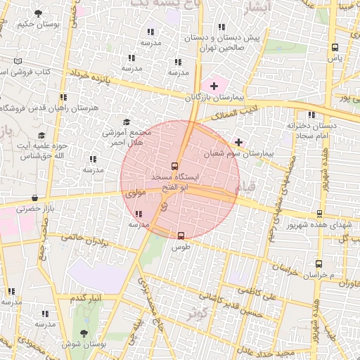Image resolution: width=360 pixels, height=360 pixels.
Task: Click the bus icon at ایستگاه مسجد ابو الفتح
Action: pos(175,166)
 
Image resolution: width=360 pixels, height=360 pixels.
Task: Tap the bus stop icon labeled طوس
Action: pos(181,236)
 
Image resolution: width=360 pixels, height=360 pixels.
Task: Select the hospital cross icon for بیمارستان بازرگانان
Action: pos(214,86)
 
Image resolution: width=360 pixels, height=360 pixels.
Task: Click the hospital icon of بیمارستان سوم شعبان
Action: pos(238,142)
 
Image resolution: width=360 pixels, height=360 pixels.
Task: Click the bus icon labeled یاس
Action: pos(335,48)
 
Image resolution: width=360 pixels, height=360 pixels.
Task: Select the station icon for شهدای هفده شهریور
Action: pos(320,214)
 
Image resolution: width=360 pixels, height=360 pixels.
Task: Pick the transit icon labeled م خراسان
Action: pos(319,264)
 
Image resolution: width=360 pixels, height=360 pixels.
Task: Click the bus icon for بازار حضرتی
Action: pos(35,199)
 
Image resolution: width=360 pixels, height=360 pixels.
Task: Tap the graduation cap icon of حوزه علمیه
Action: pos(41,136)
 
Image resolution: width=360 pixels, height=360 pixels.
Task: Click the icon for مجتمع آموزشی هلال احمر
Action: pos(127,122)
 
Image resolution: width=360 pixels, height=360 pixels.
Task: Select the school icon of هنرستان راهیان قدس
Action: pos(63,98)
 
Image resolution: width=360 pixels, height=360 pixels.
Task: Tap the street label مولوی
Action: pos(134,191)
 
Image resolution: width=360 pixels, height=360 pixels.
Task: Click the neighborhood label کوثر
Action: pos(198,314)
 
